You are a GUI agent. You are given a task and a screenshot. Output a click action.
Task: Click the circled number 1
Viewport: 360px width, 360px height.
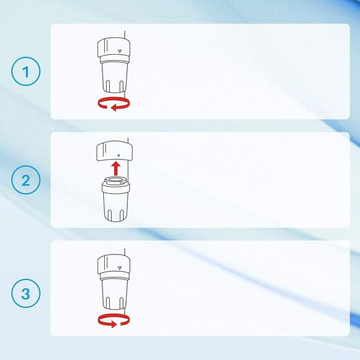coord(25,71)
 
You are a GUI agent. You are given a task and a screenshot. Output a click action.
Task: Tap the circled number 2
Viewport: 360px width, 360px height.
coord(25,180)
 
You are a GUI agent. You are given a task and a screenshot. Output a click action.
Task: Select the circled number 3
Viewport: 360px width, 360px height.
coord(25,293)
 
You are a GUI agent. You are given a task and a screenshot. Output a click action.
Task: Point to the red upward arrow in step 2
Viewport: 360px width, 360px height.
coord(116,168)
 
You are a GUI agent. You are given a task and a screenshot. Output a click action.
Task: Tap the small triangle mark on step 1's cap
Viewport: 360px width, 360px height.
coord(120,51)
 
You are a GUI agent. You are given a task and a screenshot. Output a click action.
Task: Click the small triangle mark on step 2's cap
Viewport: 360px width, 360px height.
coord(119,156)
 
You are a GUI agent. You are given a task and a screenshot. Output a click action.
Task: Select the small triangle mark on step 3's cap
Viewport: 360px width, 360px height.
coord(119,268)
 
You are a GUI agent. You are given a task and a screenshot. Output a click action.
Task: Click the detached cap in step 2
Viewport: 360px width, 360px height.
coord(114,151)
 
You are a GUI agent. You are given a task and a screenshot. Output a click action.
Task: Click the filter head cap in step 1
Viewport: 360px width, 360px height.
coord(114,48)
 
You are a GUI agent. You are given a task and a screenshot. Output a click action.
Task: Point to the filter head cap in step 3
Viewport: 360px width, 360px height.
coord(114,264)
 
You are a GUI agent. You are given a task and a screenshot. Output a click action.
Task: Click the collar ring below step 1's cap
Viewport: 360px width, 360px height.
coord(114,59)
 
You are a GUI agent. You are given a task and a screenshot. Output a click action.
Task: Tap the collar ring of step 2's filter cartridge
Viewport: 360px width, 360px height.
coord(115,188)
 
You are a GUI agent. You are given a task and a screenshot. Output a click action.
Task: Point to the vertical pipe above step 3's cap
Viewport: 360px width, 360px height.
coord(124,252)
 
